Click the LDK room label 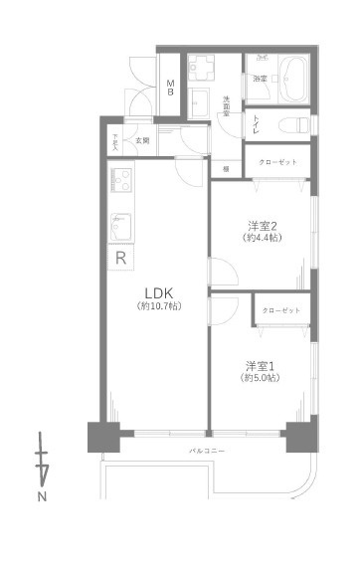[x=159, y=292]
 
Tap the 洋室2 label [x=263, y=225]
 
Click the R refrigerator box [x=120, y=259]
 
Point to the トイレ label [x=257, y=124]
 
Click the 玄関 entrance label [x=142, y=140]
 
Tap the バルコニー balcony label [x=208, y=451]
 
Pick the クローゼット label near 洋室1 [x=281, y=310]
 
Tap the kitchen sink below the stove [x=120, y=225]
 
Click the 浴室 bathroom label [x=260, y=78]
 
